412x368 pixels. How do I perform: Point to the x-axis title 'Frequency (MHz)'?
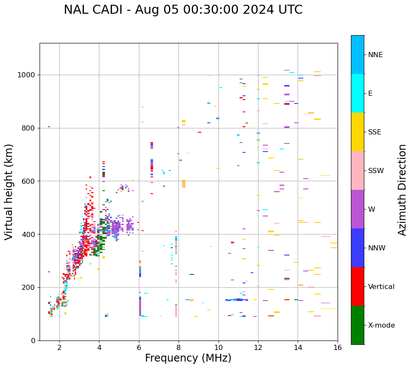click(x=188, y=358)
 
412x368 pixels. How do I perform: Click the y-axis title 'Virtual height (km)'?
click(x=9, y=192)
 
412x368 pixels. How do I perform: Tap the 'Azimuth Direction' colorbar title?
click(x=402, y=190)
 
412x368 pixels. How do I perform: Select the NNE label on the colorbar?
click(x=375, y=55)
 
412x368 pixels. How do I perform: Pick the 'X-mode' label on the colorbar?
click(x=381, y=325)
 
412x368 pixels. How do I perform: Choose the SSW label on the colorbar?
click(x=376, y=171)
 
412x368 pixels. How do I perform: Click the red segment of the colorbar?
click(x=357, y=286)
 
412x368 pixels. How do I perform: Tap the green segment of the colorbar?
click(x=357, y=325)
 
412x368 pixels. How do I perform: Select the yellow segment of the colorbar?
click(x=357, y=132)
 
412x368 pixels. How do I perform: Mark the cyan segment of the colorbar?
click(x=357, y=93)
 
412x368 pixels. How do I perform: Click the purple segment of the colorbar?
click(x=357, y=209)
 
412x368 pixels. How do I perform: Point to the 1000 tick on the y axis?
click(x=28, y=75)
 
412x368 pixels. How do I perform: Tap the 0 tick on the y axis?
click(x=34, y=341)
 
